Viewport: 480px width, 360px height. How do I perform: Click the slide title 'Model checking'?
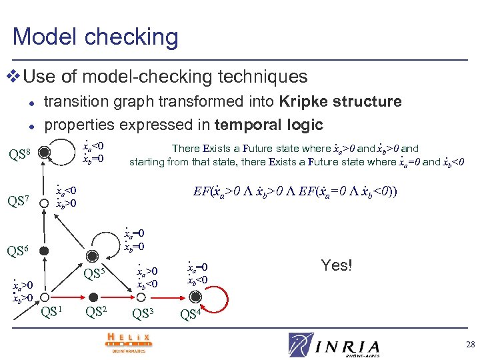coord(95,36)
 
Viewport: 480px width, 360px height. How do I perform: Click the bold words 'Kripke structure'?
coord(340,101)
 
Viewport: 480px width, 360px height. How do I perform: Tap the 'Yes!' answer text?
coord(336,265)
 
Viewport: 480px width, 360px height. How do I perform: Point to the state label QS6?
coord(18,251)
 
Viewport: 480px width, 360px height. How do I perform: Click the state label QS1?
coord(53,311)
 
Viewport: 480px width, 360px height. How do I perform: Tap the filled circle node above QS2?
coord(94,297)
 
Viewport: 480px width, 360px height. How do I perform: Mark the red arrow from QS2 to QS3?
coord(119,297)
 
